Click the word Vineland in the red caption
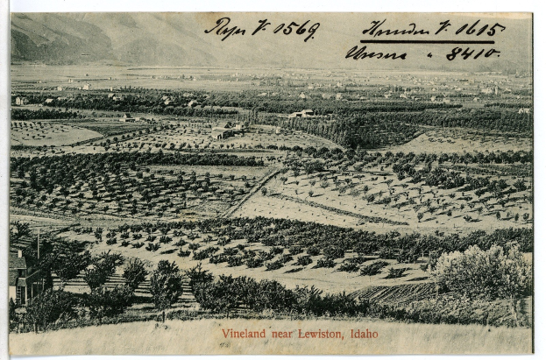point(246,334)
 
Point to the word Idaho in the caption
point(364,334)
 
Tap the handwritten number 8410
point(472,54)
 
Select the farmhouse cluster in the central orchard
point(225,131)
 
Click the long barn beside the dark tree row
point(302,113)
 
